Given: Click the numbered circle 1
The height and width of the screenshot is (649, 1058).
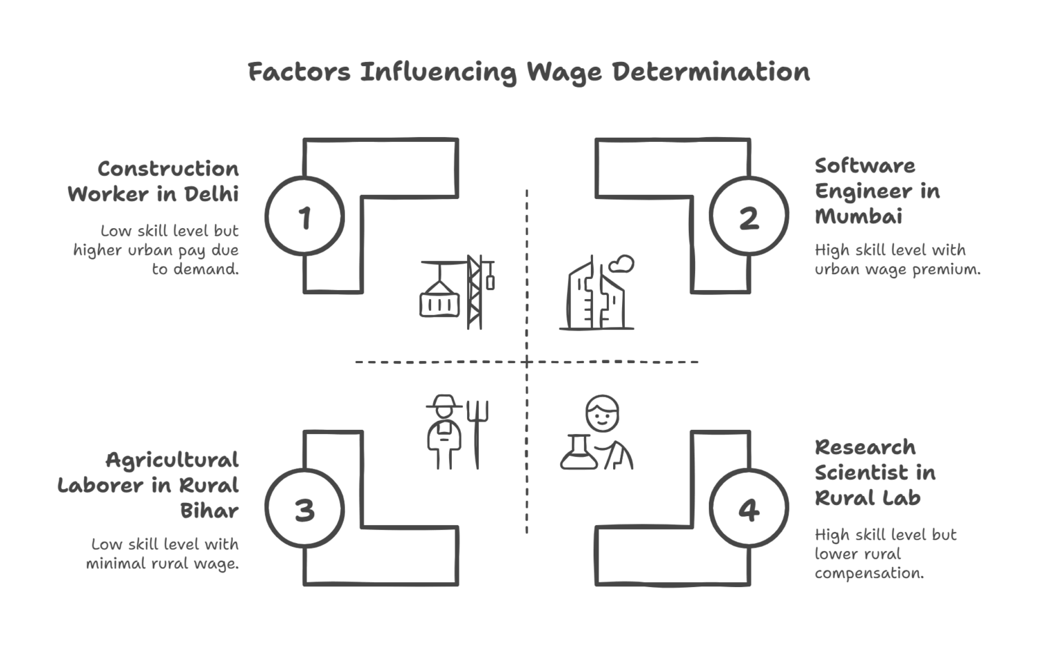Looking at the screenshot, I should click(x=304, y=217).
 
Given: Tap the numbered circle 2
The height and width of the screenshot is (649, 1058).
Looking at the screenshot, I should click(x=749, y=217).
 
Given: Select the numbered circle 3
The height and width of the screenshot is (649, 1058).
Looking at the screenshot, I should click(x=304, y=511).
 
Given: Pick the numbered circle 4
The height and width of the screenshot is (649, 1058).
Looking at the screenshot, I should click(x=749, y=511).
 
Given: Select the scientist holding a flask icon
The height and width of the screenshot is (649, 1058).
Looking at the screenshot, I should click(x=597, y=434).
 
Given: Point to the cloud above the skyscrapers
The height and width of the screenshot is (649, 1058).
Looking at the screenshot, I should click(x=624, y=263).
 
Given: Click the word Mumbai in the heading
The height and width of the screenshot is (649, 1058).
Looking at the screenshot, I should click(x=858, y=216).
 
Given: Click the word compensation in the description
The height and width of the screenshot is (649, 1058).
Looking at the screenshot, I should click(x=869, y=573).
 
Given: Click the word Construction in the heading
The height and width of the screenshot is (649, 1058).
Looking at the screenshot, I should click(x=168, y=169).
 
